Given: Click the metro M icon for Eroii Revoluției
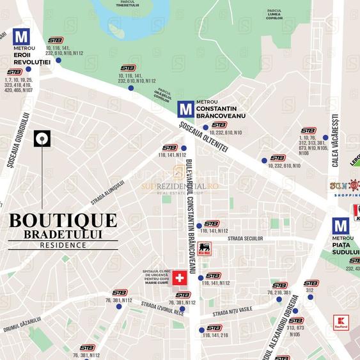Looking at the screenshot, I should click(21, 36).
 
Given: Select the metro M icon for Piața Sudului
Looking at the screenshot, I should click(341, 226).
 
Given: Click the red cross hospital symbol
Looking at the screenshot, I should click(180, 278).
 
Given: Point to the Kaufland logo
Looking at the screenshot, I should click(341, 322).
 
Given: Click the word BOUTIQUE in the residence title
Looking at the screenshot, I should click(63, 221).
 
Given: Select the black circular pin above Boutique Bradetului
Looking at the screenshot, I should click(43, 137).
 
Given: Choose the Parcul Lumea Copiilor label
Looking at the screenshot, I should click(274, 13).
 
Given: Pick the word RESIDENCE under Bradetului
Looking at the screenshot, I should click(63, 244).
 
